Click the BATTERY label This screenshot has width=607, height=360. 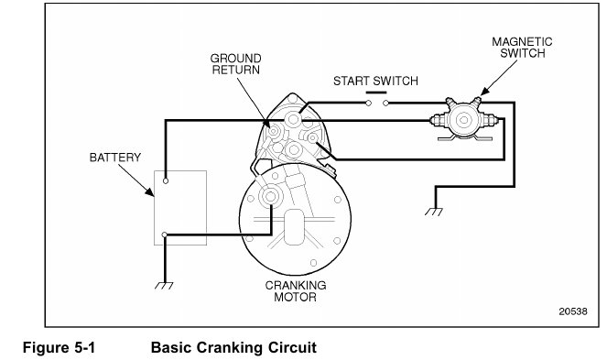pos(115,158)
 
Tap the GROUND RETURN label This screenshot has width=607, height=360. pos(236,64)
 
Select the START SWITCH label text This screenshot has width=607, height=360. pos(375,81)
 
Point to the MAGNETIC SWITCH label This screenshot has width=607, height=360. pos(522,48)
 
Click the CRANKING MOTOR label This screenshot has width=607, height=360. pos(296,291)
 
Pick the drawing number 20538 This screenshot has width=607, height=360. pos(573,311)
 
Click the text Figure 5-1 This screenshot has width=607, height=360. pos(59,347)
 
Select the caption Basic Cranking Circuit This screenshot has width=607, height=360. pos(233,347)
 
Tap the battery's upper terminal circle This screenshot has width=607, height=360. pos(166,181)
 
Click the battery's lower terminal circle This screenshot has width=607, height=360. pos(165,235)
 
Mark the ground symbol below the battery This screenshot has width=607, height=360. pos(164,286)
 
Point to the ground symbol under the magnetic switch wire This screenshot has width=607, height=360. pos(434,212)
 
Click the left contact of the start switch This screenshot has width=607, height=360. pos(369,104)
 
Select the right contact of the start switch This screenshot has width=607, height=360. pos(386,104)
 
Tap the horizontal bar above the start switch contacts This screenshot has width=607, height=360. pos(376,93)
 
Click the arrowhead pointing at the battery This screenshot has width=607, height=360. pos(150,191)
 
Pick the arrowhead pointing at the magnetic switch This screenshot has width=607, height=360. pos(484,91)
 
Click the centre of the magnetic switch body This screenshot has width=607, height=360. pos(464,121)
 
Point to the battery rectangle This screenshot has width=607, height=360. pos(180,208)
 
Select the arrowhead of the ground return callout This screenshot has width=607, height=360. pos(266,124)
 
